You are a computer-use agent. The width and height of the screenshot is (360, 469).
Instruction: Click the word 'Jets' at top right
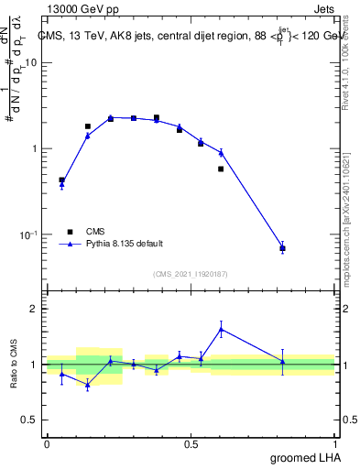click(323, 8)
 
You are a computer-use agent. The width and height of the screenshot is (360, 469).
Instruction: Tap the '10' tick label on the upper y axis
click(31, 62)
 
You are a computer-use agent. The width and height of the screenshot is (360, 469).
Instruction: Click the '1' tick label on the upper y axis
click(36, 148)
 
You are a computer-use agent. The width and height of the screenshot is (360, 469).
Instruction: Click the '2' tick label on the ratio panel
click(36, 310)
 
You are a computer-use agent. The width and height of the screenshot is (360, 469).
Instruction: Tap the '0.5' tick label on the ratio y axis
click(31, 420)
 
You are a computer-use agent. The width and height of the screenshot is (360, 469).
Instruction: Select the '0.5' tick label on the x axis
click(191, 444)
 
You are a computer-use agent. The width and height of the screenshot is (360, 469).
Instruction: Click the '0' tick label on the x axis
click(47, 444)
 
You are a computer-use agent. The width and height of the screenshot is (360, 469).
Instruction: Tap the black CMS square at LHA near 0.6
click(221, 169)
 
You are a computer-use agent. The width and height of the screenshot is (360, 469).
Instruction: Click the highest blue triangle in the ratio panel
click(221, 329)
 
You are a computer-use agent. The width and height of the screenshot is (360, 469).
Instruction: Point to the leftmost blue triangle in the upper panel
click(61, 185)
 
